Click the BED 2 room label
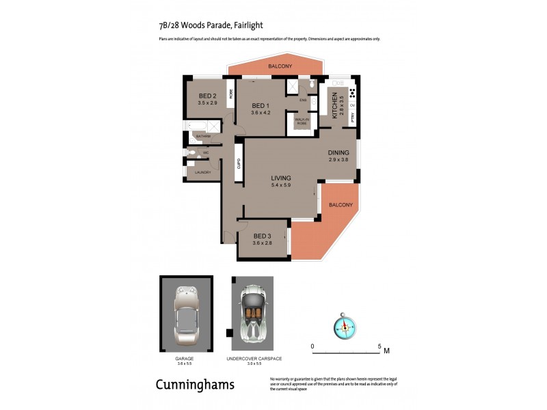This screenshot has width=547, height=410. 208,96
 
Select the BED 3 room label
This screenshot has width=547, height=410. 263,236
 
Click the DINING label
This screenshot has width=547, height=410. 338,152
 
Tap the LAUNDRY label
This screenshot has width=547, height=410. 202,172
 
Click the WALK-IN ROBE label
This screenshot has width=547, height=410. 302,121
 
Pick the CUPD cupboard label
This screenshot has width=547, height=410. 239,164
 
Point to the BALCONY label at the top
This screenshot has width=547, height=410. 280,66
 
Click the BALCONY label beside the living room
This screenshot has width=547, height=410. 341,205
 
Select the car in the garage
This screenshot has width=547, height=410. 185,315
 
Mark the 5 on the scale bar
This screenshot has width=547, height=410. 379,347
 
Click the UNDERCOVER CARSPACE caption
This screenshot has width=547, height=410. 254,358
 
